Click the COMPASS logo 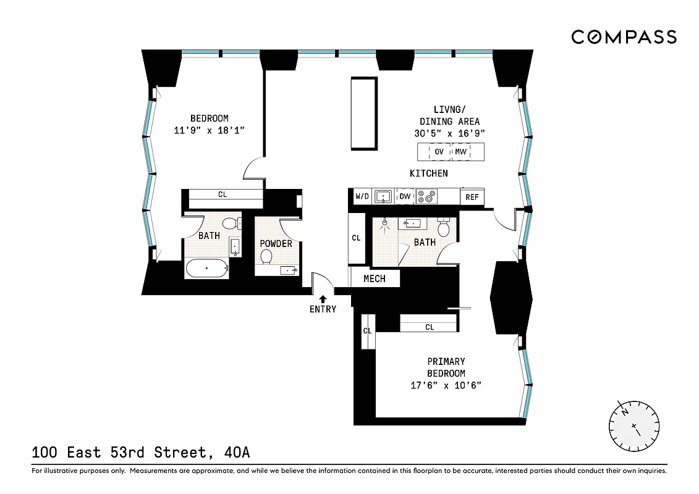624,37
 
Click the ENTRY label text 323,309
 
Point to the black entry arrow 323,299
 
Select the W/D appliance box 362,197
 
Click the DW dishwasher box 405,197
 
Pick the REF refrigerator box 472,197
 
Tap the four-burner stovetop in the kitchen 426,197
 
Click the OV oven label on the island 439,152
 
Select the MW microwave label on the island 460,152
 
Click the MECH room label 374,278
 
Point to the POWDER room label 276,243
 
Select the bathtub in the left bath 207,269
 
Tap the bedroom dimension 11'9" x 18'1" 209,130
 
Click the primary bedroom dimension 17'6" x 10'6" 446,385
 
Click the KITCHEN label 428,174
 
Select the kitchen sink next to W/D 384,197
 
